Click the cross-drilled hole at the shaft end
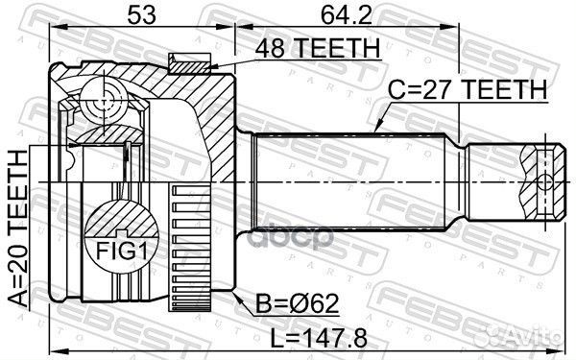[x=544, y=180]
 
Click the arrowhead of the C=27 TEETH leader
[x=376, y=131]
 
